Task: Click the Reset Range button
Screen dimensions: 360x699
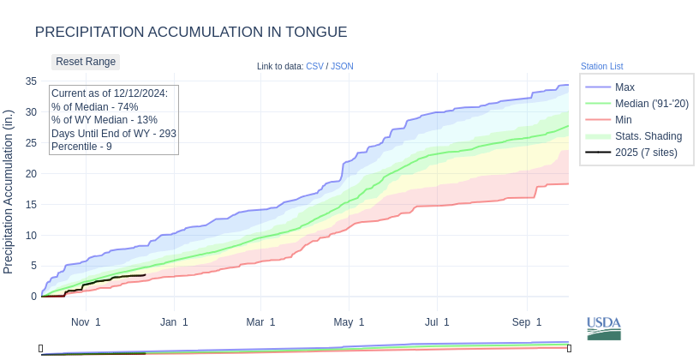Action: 86,62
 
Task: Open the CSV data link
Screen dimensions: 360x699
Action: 314,66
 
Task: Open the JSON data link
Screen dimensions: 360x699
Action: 342,66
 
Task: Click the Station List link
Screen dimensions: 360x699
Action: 601,66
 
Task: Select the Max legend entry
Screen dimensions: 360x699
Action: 624,87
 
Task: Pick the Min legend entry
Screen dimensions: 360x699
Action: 624,119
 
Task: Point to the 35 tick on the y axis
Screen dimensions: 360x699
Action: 31,81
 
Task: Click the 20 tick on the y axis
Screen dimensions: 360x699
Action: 31,173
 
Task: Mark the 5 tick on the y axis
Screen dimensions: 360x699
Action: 33,266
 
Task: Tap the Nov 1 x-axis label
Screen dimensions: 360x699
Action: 86,322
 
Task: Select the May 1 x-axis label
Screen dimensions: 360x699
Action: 349,322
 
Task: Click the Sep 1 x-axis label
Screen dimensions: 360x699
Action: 527,322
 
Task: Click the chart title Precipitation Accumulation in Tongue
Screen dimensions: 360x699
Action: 191,32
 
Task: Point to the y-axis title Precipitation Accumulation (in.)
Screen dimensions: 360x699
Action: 9,191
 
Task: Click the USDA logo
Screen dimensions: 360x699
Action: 603,328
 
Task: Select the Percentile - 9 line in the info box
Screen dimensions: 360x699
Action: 81,147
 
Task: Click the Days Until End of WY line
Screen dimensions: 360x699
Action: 113,134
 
